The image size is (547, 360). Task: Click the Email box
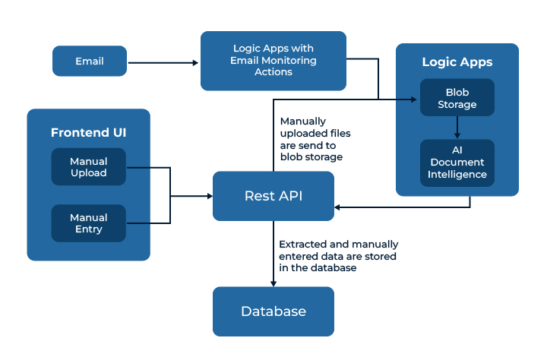(x=90, y=61)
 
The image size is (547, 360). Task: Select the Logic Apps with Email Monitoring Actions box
(x=273, y=61)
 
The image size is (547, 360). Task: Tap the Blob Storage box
(x=457, y=97)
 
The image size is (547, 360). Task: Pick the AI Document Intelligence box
(x=457, y=163)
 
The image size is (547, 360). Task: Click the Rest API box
(x=273, y=196)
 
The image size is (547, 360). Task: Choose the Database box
(x=273, y=311)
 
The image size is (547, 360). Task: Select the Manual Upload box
(x=89, y=167)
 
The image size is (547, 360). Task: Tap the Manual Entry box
(x=89, y=223)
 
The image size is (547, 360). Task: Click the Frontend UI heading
(x=89, y=133)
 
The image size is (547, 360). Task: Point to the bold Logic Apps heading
(x=457, y=62)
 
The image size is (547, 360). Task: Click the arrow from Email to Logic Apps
(x=163, y=63)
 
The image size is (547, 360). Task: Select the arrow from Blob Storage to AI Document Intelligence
(x=457, y=128)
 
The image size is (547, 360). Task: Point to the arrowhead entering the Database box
(x=273, y=283)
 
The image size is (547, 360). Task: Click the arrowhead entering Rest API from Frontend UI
(x=210, y=196)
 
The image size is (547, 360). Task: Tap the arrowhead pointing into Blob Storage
(x=414, y=99)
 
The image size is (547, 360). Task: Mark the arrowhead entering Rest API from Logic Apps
(x=337, y=207)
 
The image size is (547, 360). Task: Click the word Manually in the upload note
(x=303, y=122)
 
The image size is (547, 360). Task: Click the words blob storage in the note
(x=311, y=157)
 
